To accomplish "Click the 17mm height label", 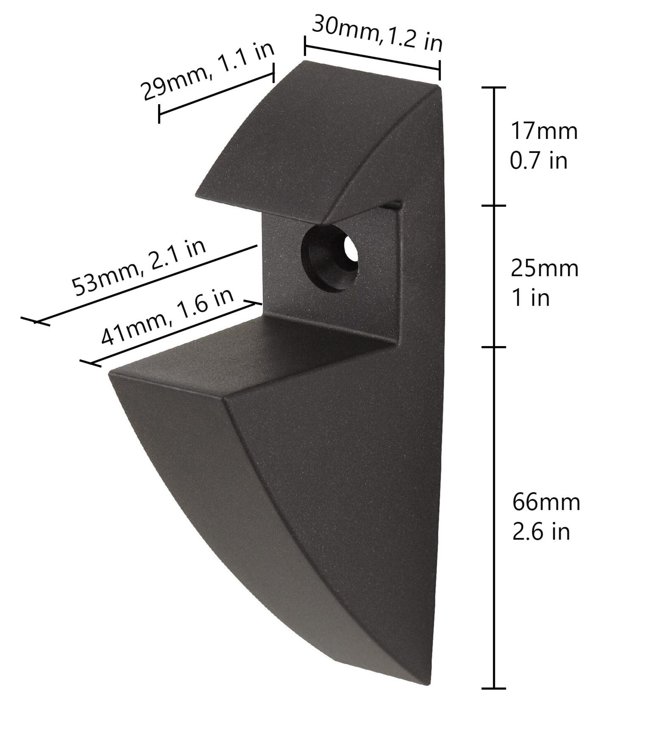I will [544, 131].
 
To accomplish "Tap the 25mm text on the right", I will [544, 268].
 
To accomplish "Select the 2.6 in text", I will [541, 532].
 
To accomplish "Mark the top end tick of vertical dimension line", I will [494, 88].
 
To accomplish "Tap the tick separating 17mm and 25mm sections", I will [494, 206].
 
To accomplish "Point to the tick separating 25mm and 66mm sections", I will [494, 347].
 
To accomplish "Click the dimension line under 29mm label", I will [216, 94].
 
